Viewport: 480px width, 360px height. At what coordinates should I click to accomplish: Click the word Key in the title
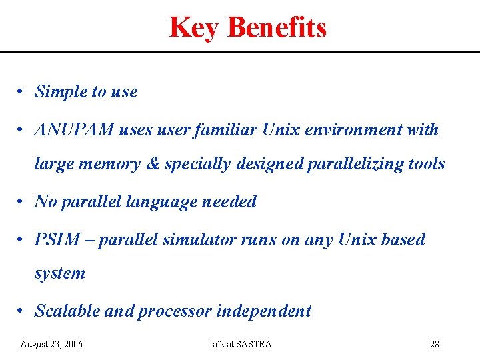195,28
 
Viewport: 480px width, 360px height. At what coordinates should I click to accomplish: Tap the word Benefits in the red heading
277,28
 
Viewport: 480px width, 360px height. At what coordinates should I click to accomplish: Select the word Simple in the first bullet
60,91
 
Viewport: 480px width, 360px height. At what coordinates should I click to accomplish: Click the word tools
425,164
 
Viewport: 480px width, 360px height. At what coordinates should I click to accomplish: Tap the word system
60,273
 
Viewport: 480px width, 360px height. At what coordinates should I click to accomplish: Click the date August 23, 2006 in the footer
52,344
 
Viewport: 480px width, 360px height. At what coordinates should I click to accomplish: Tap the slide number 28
434,344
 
